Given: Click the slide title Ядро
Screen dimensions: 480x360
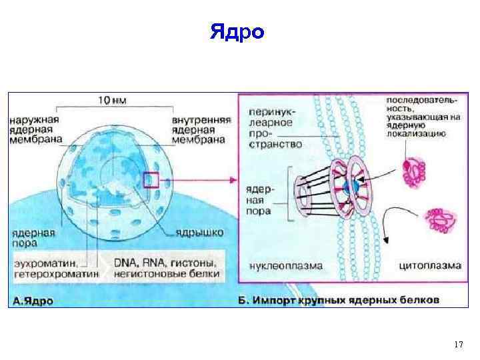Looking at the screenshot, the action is point(237,32).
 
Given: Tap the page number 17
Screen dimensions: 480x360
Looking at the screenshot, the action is point(458,344).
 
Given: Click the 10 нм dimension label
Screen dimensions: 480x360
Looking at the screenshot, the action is point(113,100).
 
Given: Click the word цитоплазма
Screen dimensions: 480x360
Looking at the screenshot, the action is point(429,265).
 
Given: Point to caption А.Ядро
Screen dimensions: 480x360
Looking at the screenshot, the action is point(34,301).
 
